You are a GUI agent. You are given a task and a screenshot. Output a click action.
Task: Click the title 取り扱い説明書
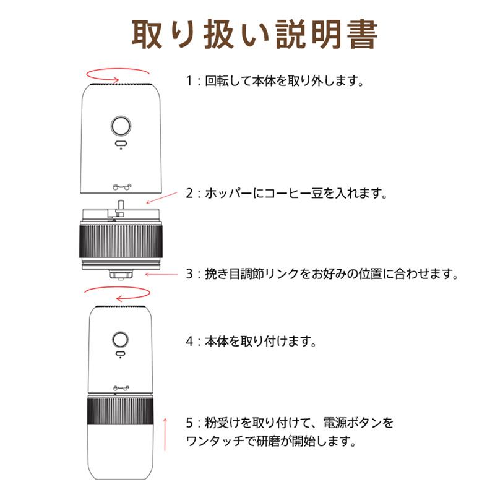[x=254, y=35]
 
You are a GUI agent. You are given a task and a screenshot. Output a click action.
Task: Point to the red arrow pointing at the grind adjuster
[x=161, y=273]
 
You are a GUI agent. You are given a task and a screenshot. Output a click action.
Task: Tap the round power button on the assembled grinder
[x=119, y=339]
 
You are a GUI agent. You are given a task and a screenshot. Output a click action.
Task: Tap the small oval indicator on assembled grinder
[x=119, y=355]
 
